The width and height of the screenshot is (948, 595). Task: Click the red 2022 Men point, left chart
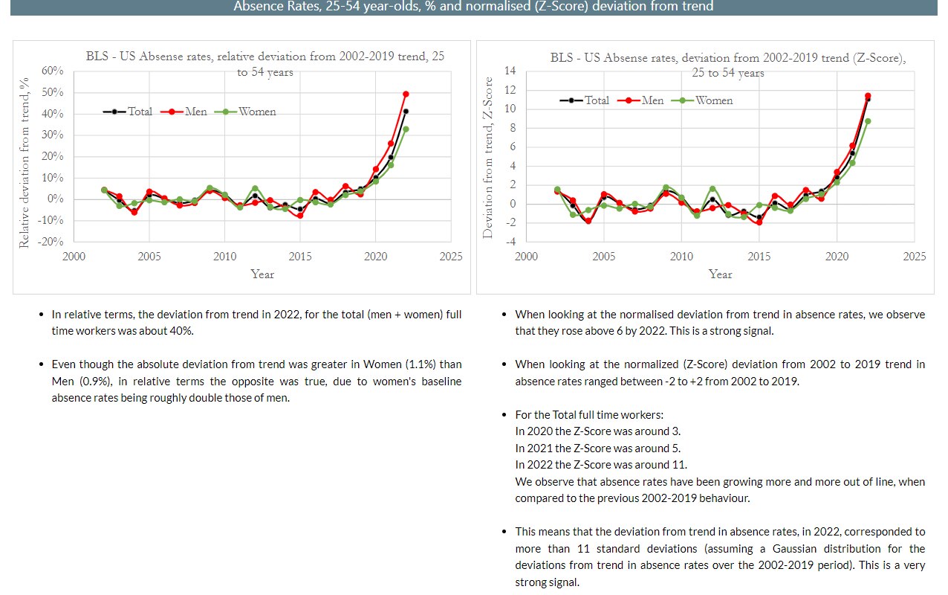[406, 94]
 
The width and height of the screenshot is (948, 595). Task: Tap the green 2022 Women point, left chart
[406, 129]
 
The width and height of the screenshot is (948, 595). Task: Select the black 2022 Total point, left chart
[406, 112]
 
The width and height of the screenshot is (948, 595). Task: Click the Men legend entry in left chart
[189, 112]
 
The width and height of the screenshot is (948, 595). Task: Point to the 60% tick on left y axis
[53, 71]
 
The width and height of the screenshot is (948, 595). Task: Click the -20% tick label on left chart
[51, 242]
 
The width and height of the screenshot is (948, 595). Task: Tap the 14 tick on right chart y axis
[510, 71]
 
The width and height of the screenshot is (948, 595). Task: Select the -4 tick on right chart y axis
[510, 242]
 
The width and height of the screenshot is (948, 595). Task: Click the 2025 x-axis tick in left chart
[450, 257]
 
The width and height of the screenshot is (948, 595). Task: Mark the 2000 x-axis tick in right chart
[526, 257]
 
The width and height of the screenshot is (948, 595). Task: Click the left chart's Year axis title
[262, 274]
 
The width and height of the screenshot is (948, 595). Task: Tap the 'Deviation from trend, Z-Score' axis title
[488, 158]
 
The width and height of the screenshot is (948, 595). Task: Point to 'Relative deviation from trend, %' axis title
[24, 162]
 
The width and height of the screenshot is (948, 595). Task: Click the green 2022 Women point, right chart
[868, 121]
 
